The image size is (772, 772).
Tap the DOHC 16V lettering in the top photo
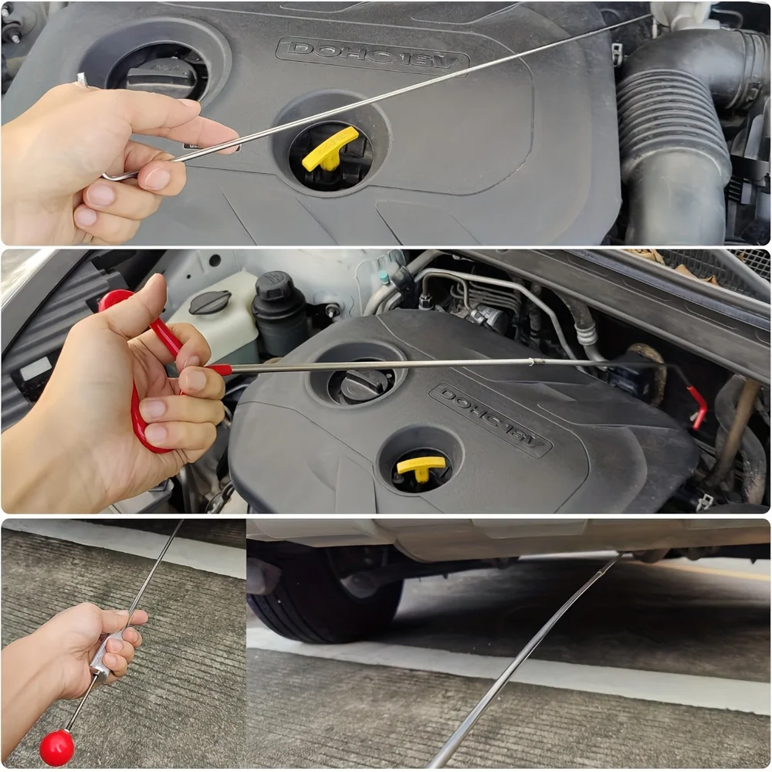[x=372, y=54]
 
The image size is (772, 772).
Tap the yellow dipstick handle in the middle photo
[x=421, y=467]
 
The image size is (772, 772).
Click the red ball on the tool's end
[x=56, y=747]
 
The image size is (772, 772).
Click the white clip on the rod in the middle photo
[x=531, y=364]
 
